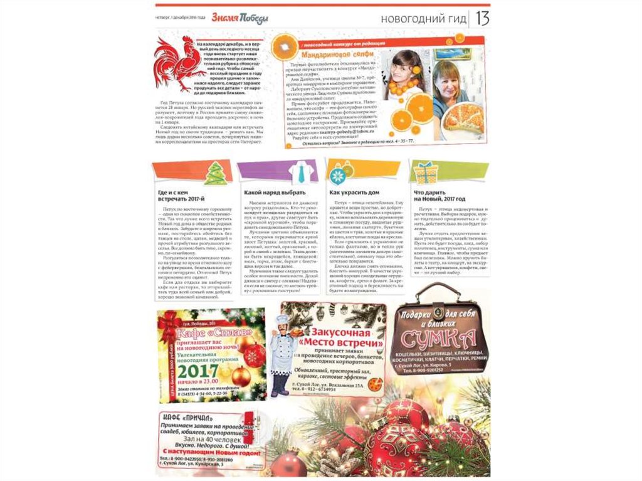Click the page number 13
click(482, 18)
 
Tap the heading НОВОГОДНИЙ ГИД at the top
click(424, 19)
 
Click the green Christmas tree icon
click(216, 173)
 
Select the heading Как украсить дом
click(355, 193)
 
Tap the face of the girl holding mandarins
click(402, 66)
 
